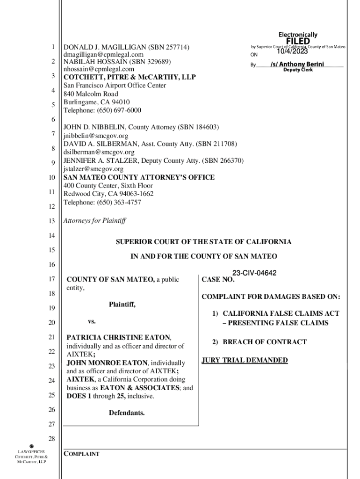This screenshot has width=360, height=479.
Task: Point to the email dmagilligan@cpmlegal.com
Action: point(103,55)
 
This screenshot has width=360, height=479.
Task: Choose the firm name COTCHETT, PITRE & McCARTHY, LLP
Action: point(130,77)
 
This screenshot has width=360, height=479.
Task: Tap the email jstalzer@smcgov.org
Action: point(94,169)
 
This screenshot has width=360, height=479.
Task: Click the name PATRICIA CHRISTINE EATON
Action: point(119,337)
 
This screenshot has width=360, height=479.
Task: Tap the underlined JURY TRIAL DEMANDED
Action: point(245,360)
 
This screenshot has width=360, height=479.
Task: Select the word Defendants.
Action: point(127,413)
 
